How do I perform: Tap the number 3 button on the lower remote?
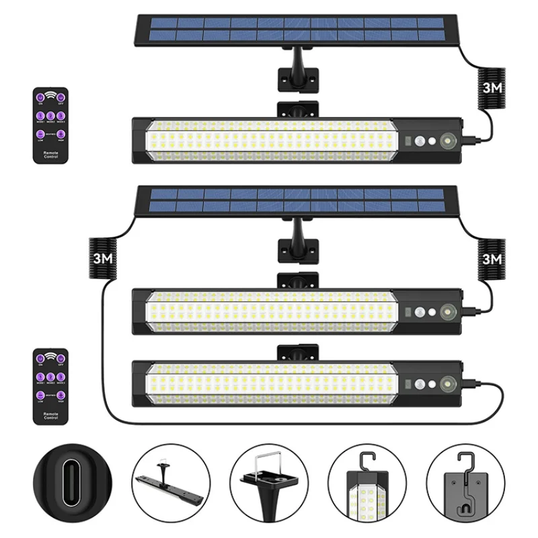coord(61,378)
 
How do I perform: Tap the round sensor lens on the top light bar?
coord(447,142)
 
